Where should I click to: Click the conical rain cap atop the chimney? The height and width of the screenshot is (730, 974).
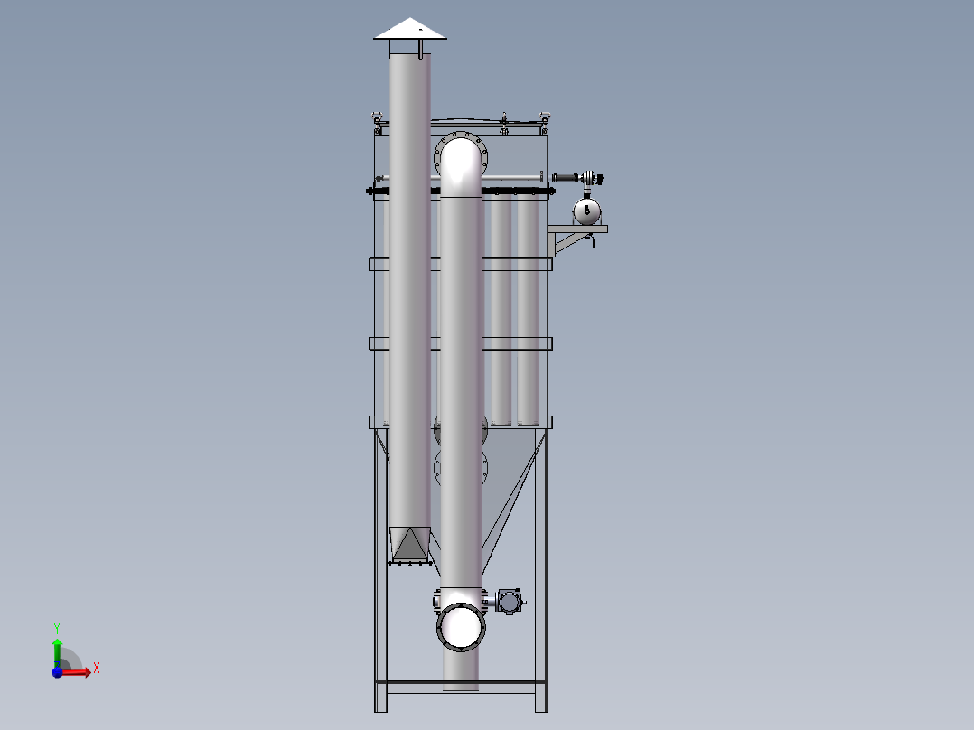[x=410, y=29]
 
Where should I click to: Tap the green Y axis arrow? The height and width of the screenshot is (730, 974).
[x=57, y=651]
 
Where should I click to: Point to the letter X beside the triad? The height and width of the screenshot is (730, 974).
[x=97, y=669]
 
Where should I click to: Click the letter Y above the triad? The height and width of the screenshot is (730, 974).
[x=57, y=628]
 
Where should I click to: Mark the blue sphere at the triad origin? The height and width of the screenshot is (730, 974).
[x=57, y=672]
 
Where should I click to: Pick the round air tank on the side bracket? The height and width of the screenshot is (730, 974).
[x=587, y=211]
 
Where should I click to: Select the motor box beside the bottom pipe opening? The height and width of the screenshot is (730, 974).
[x=509, y=602]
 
